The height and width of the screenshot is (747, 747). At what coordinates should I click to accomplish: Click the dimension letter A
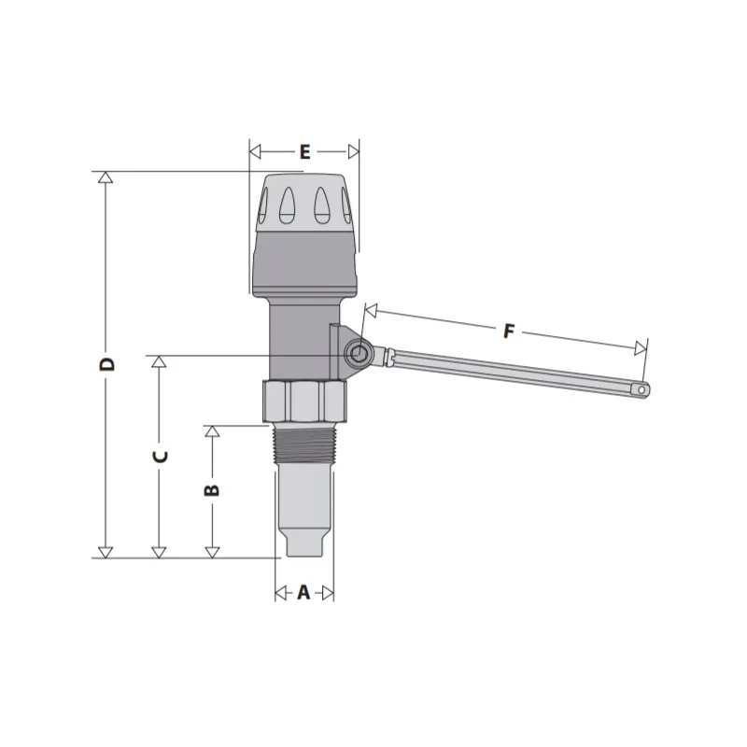click(x=303, y=593)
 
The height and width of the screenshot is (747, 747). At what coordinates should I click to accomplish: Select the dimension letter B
click(x=212, y=489)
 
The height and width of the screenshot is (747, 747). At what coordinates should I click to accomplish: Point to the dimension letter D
click(x=107, y=362)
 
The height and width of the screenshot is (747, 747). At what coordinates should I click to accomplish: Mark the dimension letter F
click(x=509, y=331)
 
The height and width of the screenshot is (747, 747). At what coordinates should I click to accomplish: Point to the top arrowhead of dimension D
click(x=107, y=178)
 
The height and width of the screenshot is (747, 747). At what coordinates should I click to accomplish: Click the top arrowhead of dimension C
click(x=160, y=361)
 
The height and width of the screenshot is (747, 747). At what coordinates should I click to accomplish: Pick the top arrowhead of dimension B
click(x=212, y=432)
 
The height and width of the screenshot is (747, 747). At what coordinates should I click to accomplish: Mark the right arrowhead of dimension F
click(x=640, y=350)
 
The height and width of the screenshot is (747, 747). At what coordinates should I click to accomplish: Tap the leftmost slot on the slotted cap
click(x=267, y=205)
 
